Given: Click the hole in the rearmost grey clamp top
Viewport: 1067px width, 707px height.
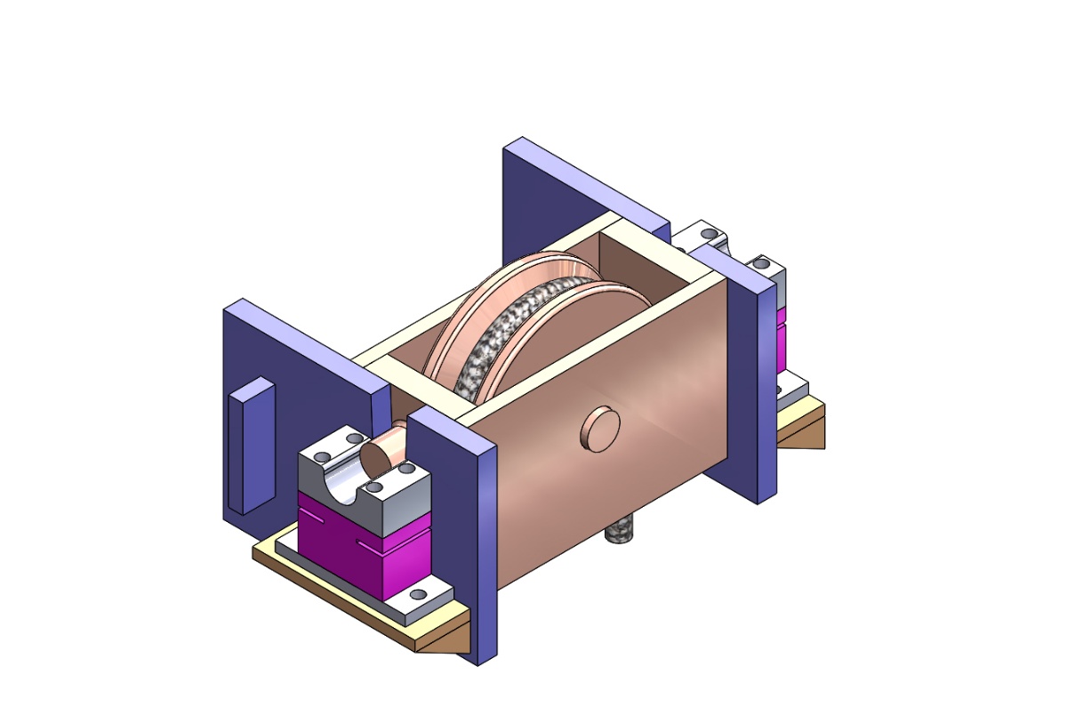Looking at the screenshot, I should tap(709, 234).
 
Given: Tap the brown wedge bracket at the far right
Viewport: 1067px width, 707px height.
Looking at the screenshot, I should tap(805, 432).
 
